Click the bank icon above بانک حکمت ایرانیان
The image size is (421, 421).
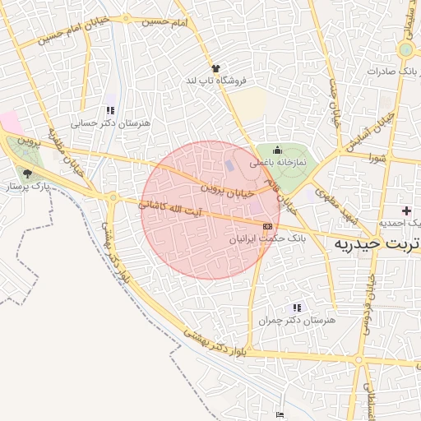pyautogui.click(x=267, y=225)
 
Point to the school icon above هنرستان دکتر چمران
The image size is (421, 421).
pyautogui.click(x=296, y=308)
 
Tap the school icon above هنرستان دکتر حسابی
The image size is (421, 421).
pyautogui.click(x=110, y=110)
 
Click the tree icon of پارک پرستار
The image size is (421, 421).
pyautogui.click(x=29, y=173)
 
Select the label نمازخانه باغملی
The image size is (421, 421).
pyautogui.click(x=278, y=163)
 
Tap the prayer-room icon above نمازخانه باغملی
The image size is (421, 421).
pyautogui.click(x=277, y=150)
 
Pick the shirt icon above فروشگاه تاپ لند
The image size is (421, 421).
pyautogui.click(x=215, y=69)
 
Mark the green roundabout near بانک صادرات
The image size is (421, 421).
pyautogui.click(x=405, y=50)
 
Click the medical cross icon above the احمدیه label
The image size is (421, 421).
pyautogui.click(x=406, y=211)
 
